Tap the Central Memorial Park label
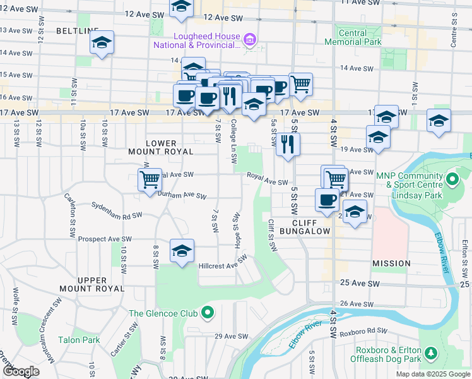click(353, 37)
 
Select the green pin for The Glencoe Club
click(208, 313)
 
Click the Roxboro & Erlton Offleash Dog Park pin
click(431, 351)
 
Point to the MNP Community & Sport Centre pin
click(452, 180)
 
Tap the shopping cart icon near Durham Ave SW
click(150, 179)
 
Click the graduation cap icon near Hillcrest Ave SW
click(182, 251)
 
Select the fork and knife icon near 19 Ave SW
click(288, 144)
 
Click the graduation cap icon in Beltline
click(102, 43)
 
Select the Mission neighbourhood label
click(391, 263)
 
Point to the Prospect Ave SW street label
click(104, 239)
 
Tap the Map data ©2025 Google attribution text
click(432, 374)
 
